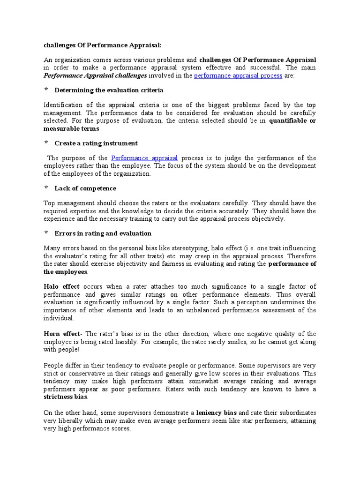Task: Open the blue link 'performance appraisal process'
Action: [238, 75]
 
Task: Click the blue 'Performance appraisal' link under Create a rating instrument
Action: [144, 158]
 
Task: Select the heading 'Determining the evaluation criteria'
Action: [109, 90]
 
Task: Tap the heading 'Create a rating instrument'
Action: [96, 143]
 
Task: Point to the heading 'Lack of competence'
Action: [85, 188]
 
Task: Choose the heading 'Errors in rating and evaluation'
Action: [103, 233]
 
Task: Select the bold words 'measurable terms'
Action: [71, 128]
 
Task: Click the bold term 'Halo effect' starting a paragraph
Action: [61, 286]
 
